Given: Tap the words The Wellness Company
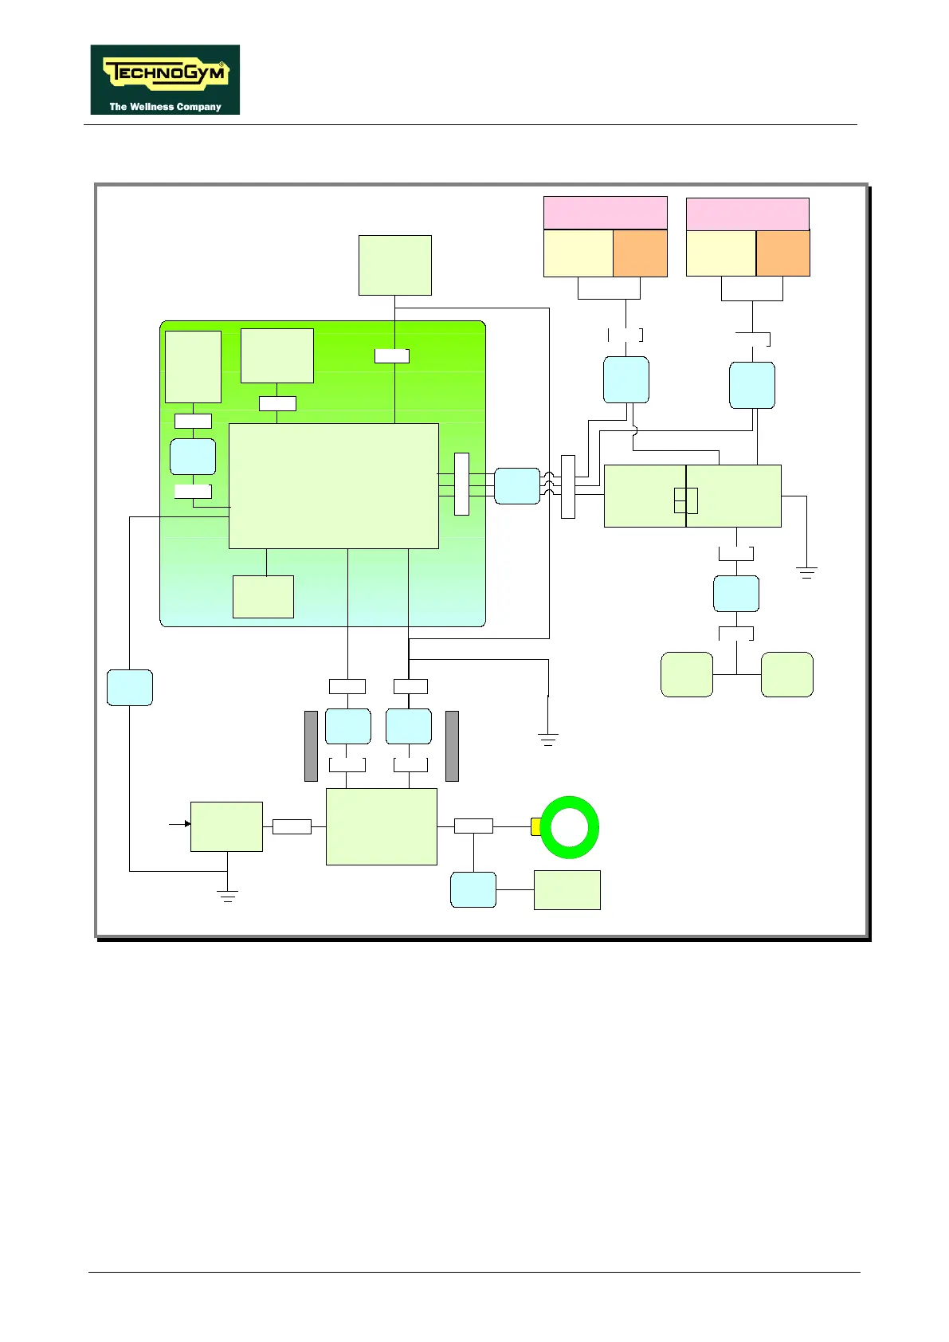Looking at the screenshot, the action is coord(165,106).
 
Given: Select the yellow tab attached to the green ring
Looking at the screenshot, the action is coord(535,826).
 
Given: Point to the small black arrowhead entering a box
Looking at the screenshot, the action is coord(187,824).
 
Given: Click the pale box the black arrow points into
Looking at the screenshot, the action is coord(226,826).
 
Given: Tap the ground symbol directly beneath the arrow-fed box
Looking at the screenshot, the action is coord(228,895).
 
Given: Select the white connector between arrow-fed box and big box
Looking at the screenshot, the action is coord(292,827).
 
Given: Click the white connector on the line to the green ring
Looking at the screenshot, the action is coord(473,826).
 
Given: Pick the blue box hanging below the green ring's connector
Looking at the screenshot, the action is coord(473,889).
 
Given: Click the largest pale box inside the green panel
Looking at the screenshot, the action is coord(333,485).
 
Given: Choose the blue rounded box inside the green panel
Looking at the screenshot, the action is coord(193,457).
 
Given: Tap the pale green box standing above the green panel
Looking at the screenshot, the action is coord(395,265).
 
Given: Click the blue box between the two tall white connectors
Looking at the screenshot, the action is coord(517,486).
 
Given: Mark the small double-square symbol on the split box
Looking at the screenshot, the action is coord(686,500).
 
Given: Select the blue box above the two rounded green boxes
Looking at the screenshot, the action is coord(736,594).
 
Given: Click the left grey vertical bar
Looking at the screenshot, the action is coord(312,746).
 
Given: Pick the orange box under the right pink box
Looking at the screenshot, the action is coord(782,253).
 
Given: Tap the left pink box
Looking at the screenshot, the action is coord(606,213).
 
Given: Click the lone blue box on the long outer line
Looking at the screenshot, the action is coord(130,688).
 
